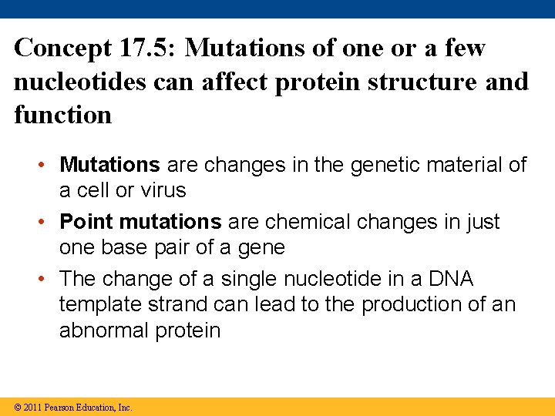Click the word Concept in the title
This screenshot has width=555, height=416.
[x=62, y=49]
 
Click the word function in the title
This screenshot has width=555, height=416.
[x=62, y=115]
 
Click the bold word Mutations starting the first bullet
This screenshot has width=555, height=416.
[x=109, y=165]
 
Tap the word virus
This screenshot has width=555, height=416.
[x=161, y=190]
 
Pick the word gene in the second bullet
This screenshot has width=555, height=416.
[x=263, y=247]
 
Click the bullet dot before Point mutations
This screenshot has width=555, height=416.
[x=46, y=222]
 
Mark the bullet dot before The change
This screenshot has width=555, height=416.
[x=46, y=278]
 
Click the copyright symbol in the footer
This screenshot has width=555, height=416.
[x=18, y=407]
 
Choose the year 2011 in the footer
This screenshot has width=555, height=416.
[x=32, y=407]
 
